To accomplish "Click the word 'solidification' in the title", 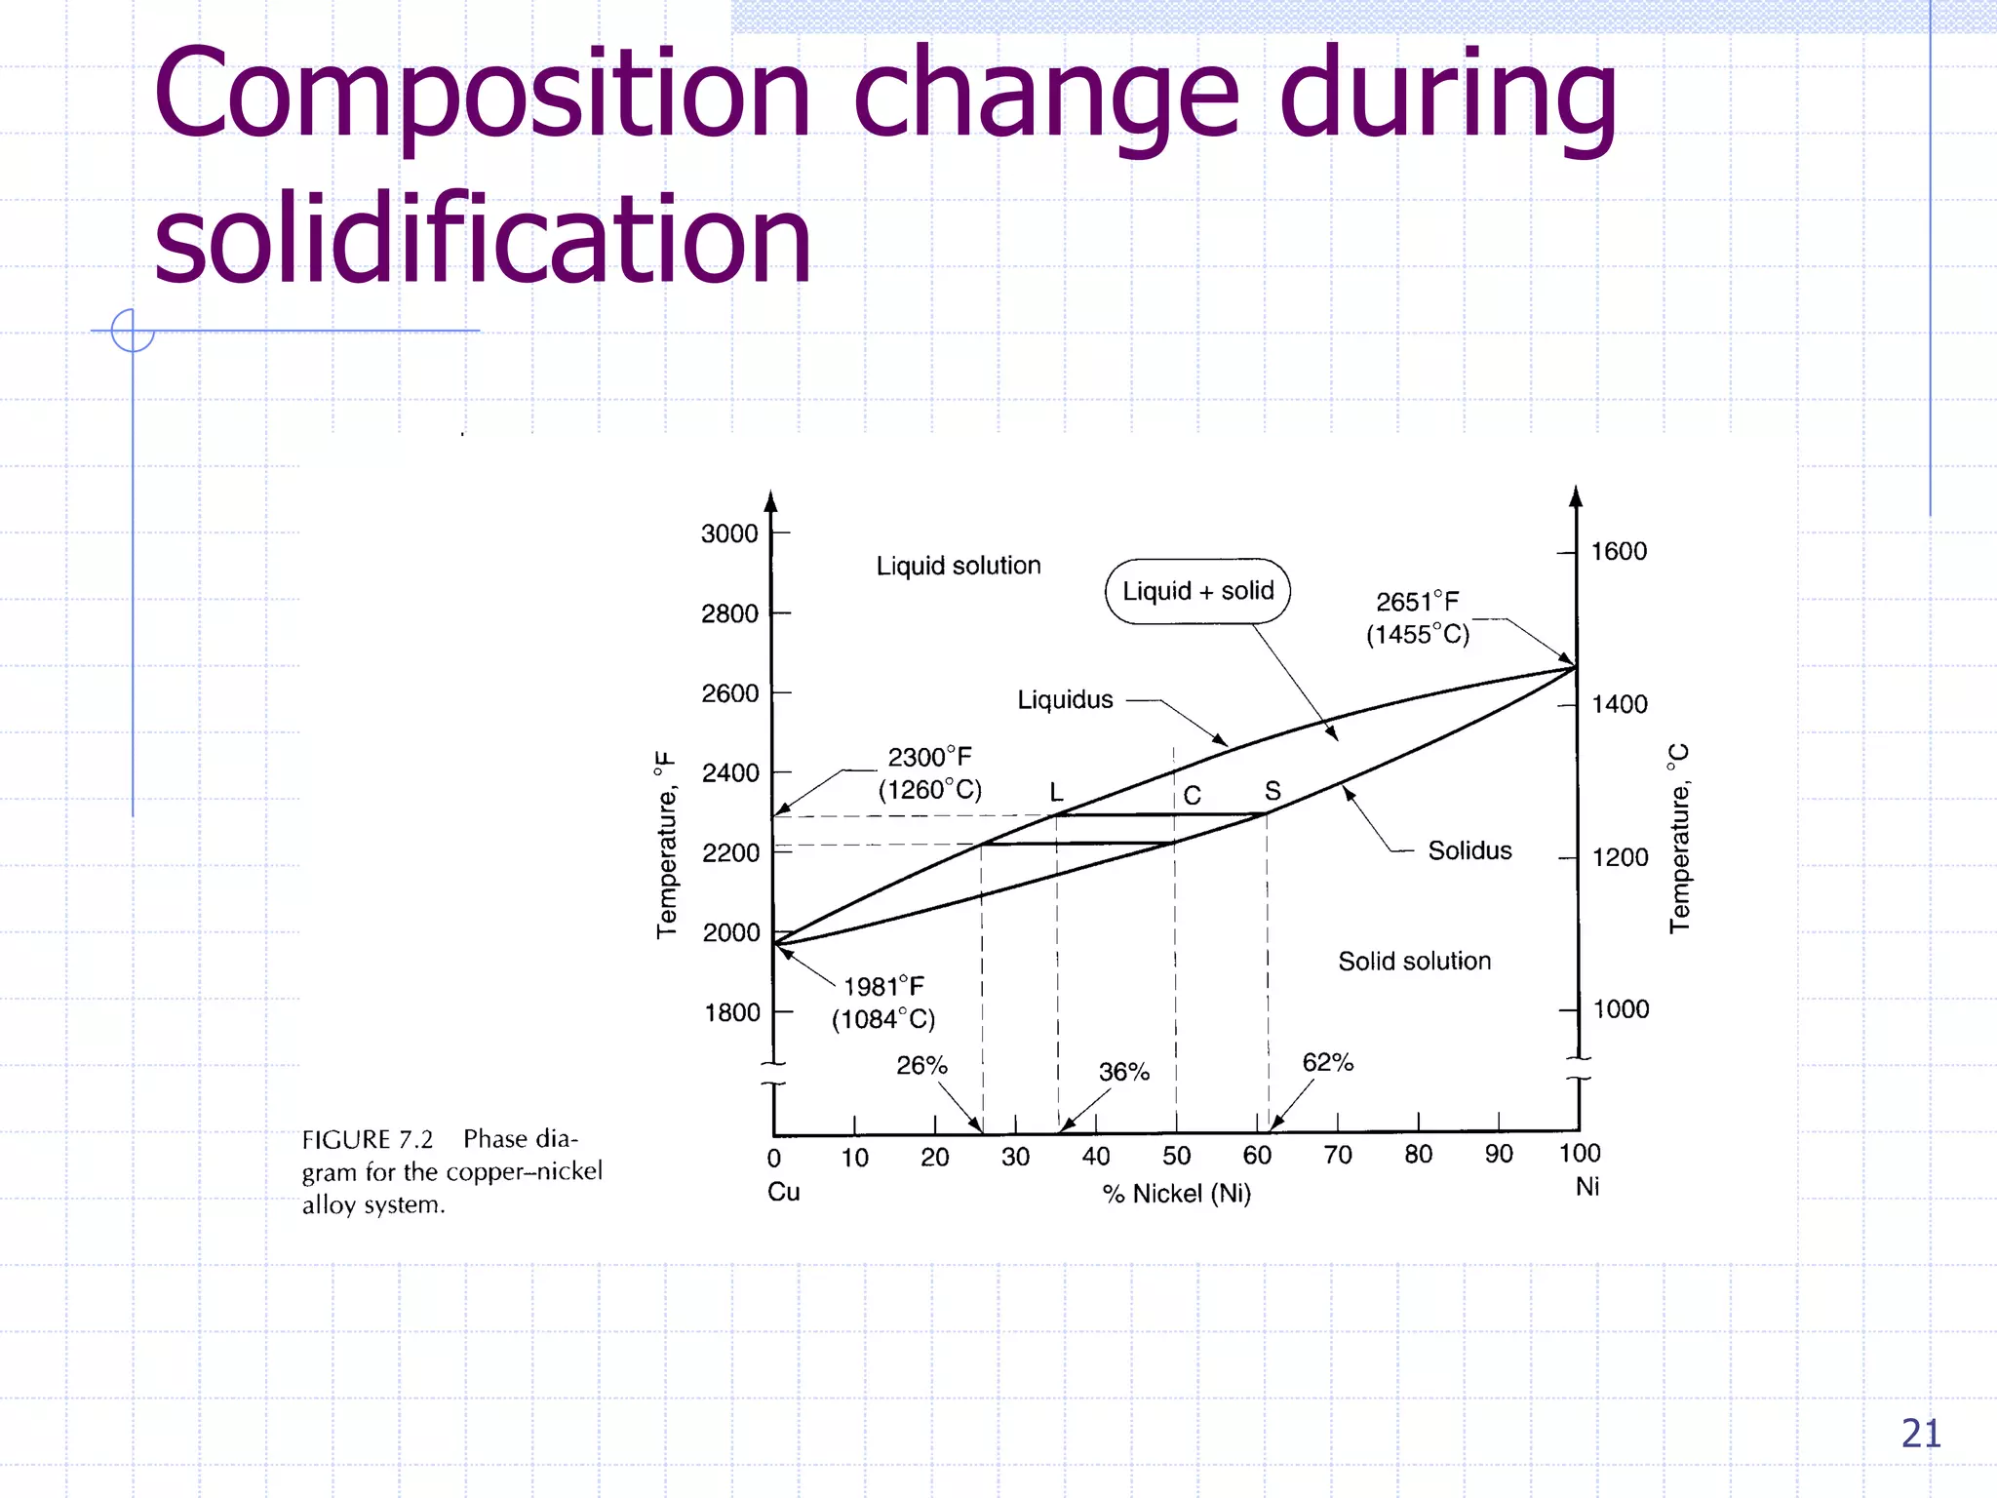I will (x=483, y=239).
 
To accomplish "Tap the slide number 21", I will (x=1920, y=1434).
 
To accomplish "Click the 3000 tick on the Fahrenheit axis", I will (x=729, y=533).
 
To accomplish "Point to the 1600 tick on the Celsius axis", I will (x=1619, y=552).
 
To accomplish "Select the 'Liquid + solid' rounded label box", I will (x=1197, y=591).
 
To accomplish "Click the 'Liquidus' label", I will (x=1065, y=699).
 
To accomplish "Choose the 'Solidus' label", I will (x=1469, y=850).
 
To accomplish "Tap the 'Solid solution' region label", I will (x=1414, y=961).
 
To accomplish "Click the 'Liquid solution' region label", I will (x=959, y=566).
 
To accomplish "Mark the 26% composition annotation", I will (x=921, y=1065).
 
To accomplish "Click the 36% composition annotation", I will (x=1124, y=1072).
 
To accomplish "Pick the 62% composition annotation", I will (x=1327, y=1062).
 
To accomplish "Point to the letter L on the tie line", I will (x=1056, y=792).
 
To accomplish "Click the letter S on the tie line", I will (x=1273, y=790).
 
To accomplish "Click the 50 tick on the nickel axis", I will (x=1176, y=1156).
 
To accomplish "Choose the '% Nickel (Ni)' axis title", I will (x=1176, y=1194).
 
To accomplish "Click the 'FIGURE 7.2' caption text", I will (x=368, y=1139).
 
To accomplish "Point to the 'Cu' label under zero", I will (x=783, y=1192).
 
